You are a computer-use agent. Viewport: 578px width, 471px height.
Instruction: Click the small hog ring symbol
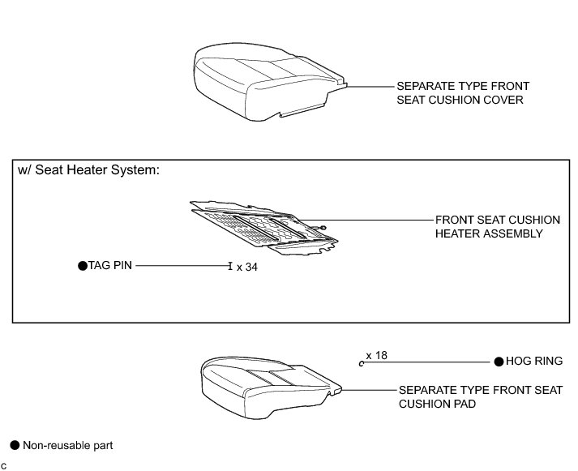click(x=362, y=363)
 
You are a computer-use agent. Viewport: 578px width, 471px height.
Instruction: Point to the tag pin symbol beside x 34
click(x=230, y=265)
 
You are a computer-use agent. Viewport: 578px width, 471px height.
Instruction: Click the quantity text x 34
click(x=246, y=267)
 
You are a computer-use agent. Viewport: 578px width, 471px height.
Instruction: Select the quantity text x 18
click(x=377, y=356)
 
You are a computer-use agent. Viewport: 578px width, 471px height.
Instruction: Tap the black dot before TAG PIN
click(x=81, y=265)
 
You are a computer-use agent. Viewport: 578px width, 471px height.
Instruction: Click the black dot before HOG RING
click(x=499, y=362)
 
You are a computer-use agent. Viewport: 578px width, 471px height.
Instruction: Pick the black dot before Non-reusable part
click(x=14, y=445)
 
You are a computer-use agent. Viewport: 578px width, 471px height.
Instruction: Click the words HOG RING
click(x=534, y=362)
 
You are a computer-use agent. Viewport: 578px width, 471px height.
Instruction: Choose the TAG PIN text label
click(x=109, y=265)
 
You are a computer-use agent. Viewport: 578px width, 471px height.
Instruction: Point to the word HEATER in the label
click(x=456, y=233)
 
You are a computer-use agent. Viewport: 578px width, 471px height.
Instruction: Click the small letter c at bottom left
click(x=4, y=465)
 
